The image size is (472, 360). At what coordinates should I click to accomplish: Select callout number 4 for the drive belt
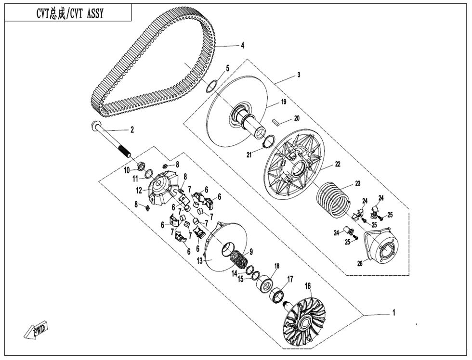(x=243, y=46)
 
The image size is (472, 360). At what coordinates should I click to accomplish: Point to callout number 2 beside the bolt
(x=132, y=129)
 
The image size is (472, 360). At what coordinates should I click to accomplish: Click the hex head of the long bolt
(x=94, y=126)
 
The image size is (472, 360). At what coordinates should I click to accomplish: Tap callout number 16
(x=308, y=286)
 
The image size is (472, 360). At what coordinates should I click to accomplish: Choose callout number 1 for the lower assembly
(x=393, y=313)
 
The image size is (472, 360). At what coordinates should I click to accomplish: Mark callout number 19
(x=284, y=102)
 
